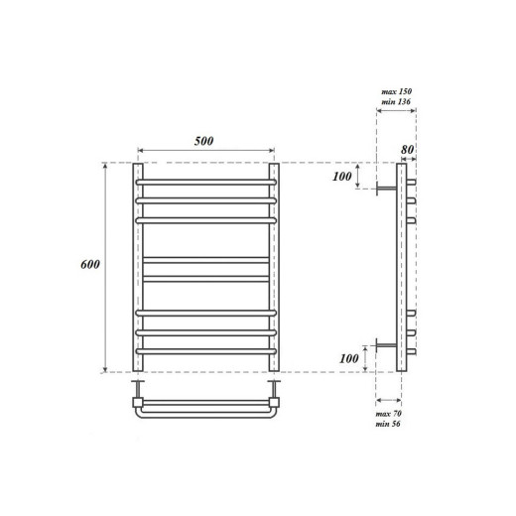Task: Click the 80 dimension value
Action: pyautogui.click(x=407, y=151)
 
